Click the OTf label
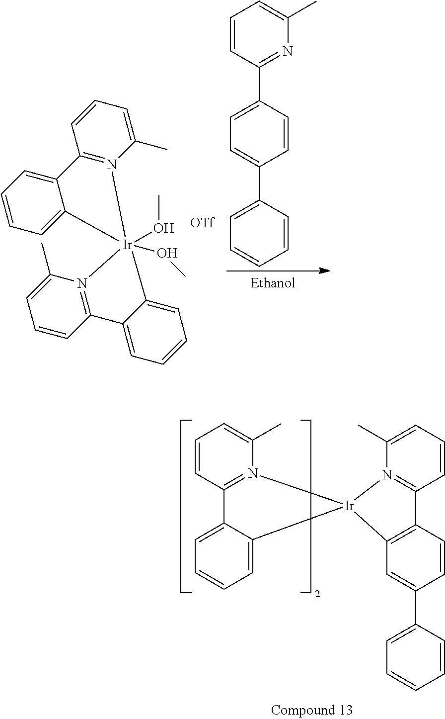click(x=202, y=222)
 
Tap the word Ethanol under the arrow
click(x=273, y=283)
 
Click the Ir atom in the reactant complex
click(x=127, y=245)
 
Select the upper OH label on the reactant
click(x=163, y=228)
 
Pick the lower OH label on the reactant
click(x=167, y=253)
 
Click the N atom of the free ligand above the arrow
click(x=288, y=51)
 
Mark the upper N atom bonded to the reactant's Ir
click(x=112, y=165)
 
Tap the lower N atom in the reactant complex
click(x=82, y=283)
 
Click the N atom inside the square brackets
click(x=253, y=473)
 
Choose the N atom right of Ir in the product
click(x=387, y=474)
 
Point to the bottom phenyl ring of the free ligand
click(x=259, y=233)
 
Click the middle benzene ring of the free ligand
click(x=259, y=134)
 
